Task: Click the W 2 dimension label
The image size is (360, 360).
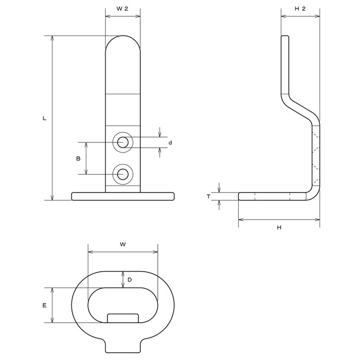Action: pos(122,8)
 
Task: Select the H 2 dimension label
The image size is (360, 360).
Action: pos(300,8)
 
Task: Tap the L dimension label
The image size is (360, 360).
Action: pos(44,119)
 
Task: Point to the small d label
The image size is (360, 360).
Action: pos(170,142)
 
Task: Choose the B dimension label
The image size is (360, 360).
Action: pos(78,158)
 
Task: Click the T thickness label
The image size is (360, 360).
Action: pos(208,196)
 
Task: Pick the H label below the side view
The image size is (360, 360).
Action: pos(279,228)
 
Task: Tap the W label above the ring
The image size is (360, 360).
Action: pos(123,244)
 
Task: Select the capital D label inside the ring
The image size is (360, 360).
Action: pos(130,280)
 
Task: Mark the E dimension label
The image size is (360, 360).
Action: pos(44,305)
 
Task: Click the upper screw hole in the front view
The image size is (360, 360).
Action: pos(123,142)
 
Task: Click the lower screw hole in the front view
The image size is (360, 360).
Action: pos(123,174)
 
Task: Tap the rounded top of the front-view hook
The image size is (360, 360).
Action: pos(123,36)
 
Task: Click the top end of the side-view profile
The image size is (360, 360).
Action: pos(285,36)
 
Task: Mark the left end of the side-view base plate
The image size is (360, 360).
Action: pos(239,196)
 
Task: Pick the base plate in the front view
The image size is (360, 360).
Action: pos(123,196)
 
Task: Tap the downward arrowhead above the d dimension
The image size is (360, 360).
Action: pos(160,135)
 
